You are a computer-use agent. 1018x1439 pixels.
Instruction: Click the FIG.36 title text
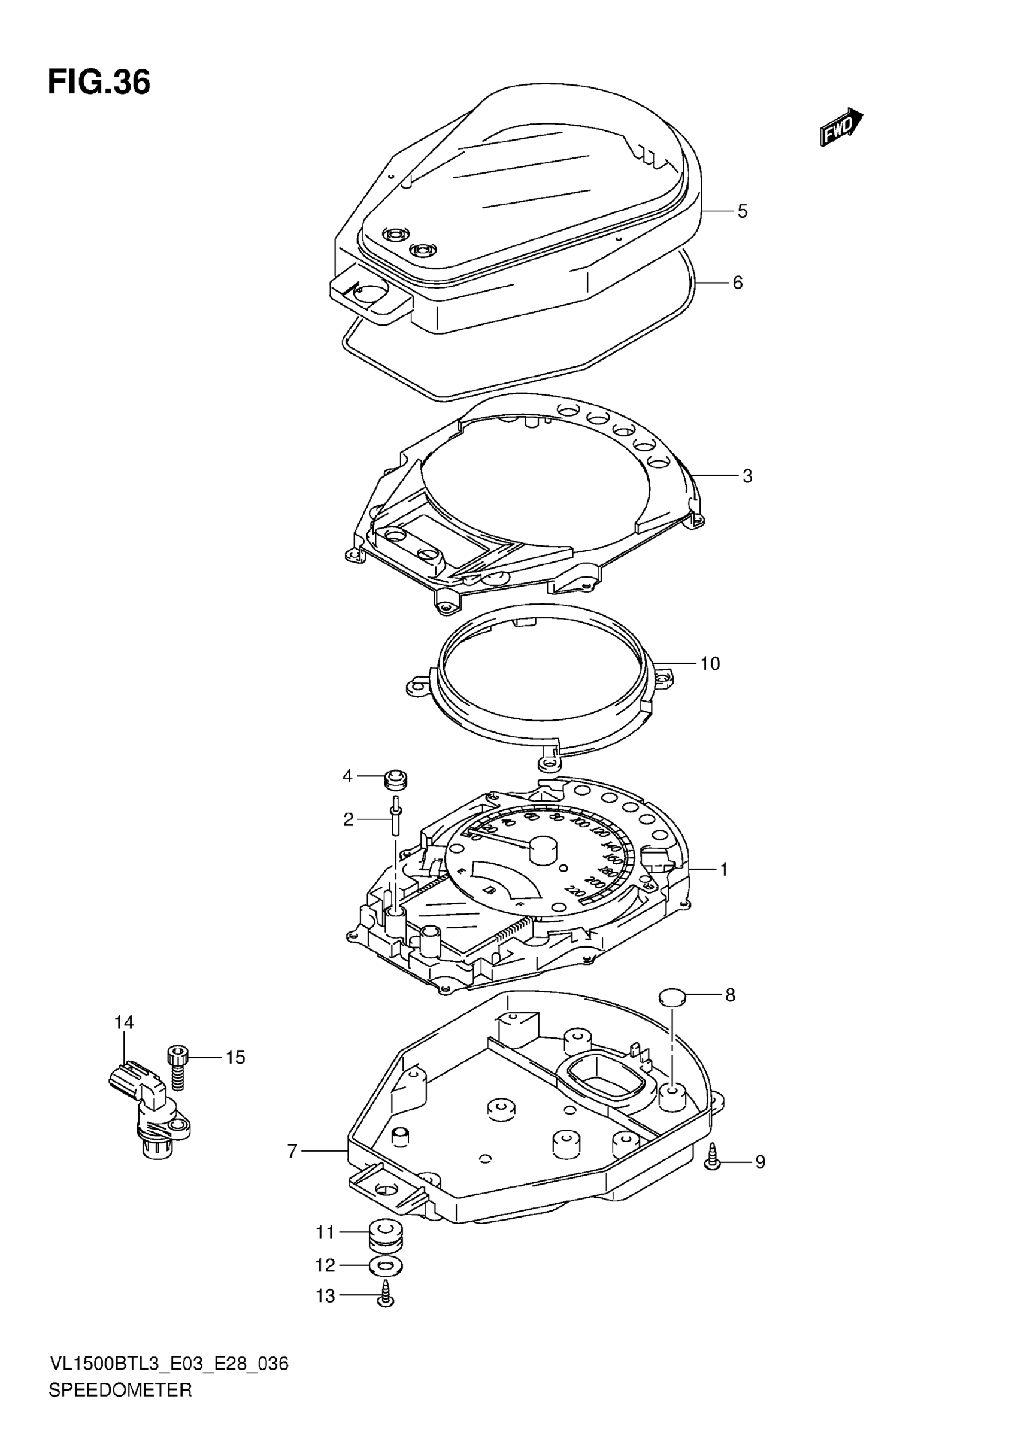(99, 83)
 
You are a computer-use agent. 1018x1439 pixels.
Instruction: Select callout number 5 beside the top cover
(742, 211)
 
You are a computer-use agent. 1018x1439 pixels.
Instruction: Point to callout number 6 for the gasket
(737, 283)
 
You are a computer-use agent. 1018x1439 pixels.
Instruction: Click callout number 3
(747, 476)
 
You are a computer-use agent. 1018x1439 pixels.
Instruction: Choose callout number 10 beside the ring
(710, 663)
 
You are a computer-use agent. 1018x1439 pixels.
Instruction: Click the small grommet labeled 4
(395, 779)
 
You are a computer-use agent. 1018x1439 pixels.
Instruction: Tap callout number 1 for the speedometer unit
(723, 869)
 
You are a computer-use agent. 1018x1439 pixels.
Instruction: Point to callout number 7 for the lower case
(292, 1151)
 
